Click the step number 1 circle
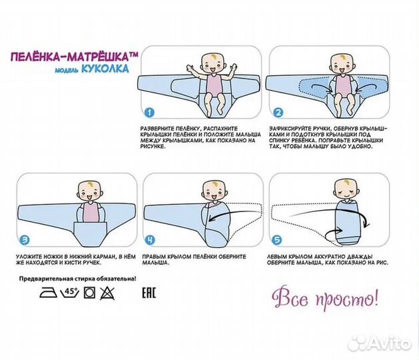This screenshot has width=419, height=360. click(149, 112)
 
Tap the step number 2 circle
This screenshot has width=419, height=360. click(278, 112)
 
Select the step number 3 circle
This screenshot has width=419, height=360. click(25, 240)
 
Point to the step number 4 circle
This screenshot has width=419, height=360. click(150, 240)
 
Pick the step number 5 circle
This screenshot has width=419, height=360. click(277, 240)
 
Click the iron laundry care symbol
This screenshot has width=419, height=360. click(49, 293)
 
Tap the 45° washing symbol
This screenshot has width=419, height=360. click(70, 293)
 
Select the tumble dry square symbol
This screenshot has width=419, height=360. click(89, 293)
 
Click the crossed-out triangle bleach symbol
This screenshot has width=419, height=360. click(107, 293)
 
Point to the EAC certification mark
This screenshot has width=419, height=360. click(149, 293)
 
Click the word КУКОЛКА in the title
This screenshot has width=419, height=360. click(105, 69)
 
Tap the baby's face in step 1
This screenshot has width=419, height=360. click(213, 65)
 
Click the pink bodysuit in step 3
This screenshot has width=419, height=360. click(91, 212)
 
